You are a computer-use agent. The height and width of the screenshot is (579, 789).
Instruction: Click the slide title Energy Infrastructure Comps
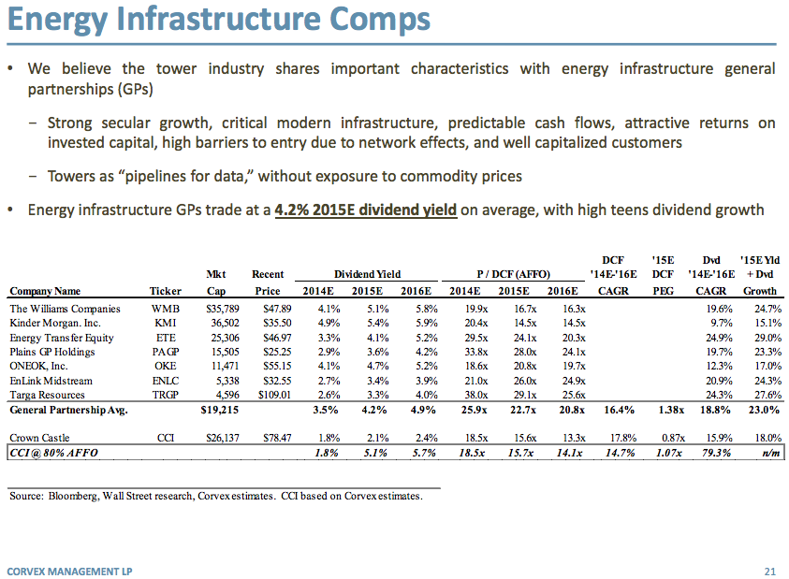[x=221, y=21]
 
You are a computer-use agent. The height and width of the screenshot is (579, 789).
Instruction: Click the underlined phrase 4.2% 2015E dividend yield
[x=366, y=210]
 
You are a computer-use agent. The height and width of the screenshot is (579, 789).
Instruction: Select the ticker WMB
[x=166, y=309]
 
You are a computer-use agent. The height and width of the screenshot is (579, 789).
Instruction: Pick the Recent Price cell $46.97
[x=268, y=338]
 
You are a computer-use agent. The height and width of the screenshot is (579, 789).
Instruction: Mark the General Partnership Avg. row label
[x=68, y=411]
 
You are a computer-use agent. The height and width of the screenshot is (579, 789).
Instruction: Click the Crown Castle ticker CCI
[x=166, y=438]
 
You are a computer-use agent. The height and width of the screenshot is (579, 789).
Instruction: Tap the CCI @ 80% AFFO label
[x=53, y=453]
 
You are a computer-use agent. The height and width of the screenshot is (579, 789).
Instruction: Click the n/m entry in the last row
[x=767, y=453]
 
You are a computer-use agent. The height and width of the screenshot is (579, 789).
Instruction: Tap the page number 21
[x=770, y=570]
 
